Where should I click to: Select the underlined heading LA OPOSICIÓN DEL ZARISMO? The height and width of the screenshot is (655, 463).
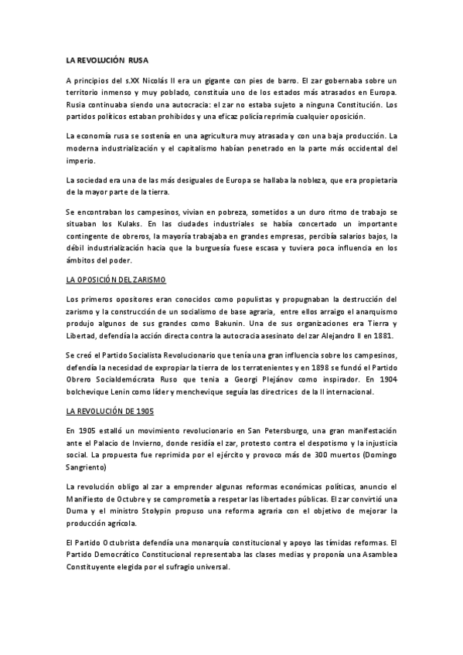coord(117,278)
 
